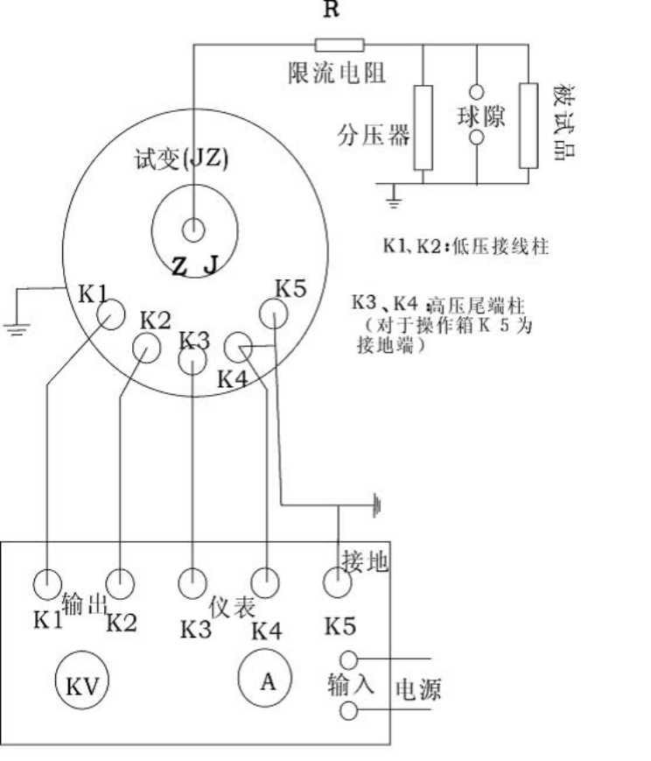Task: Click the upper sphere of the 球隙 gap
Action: pyautogui.click(x=476, y=93)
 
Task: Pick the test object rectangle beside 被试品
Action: pyautogui.click(x=528, y=125)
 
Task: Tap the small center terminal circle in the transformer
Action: pyautogui.click(x=192, y=230)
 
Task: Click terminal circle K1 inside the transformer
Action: pyautogui.click(x=110, y=313)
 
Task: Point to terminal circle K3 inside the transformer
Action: pyautogui.click(x=192, y=359)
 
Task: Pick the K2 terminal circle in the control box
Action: pyautogui.click(x=119, y=581)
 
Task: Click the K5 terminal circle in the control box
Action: pyautogui.click(x=338, y=581)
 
